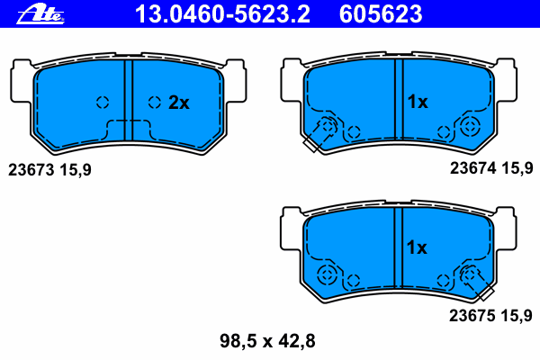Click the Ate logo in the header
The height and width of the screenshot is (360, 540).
(40, 14)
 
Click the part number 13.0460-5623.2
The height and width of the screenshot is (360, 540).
(222, 14)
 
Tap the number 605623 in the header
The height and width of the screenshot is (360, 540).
(381, 14)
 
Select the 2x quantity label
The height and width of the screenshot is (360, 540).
(179, 103)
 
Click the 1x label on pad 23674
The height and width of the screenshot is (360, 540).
(418, 102)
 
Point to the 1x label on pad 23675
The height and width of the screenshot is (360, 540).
(417, 247)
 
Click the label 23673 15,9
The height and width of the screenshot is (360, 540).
(49, 170)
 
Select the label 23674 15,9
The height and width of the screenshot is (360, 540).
(491, 168)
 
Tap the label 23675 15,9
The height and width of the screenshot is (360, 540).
(490, 316)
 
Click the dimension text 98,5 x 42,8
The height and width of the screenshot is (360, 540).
(267, 341)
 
